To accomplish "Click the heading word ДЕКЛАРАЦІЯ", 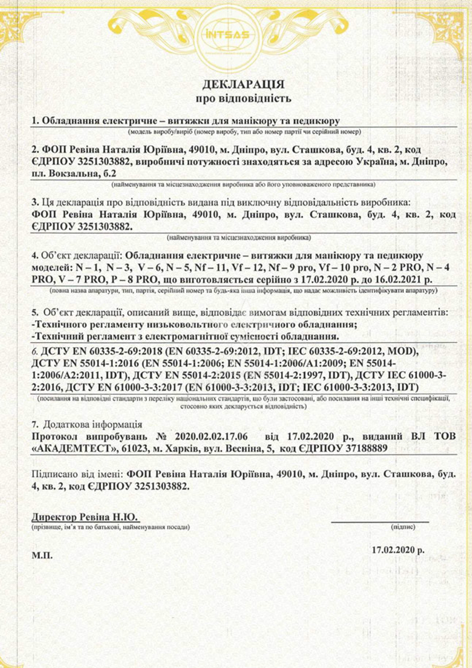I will coord(243,84).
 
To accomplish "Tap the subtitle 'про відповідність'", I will coord(243,99).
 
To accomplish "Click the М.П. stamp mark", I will coord(42,556).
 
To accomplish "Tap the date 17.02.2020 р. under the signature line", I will coord(398,550).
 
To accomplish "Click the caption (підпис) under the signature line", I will coord(403,526).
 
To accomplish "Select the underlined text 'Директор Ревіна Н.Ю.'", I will coord(84,517).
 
